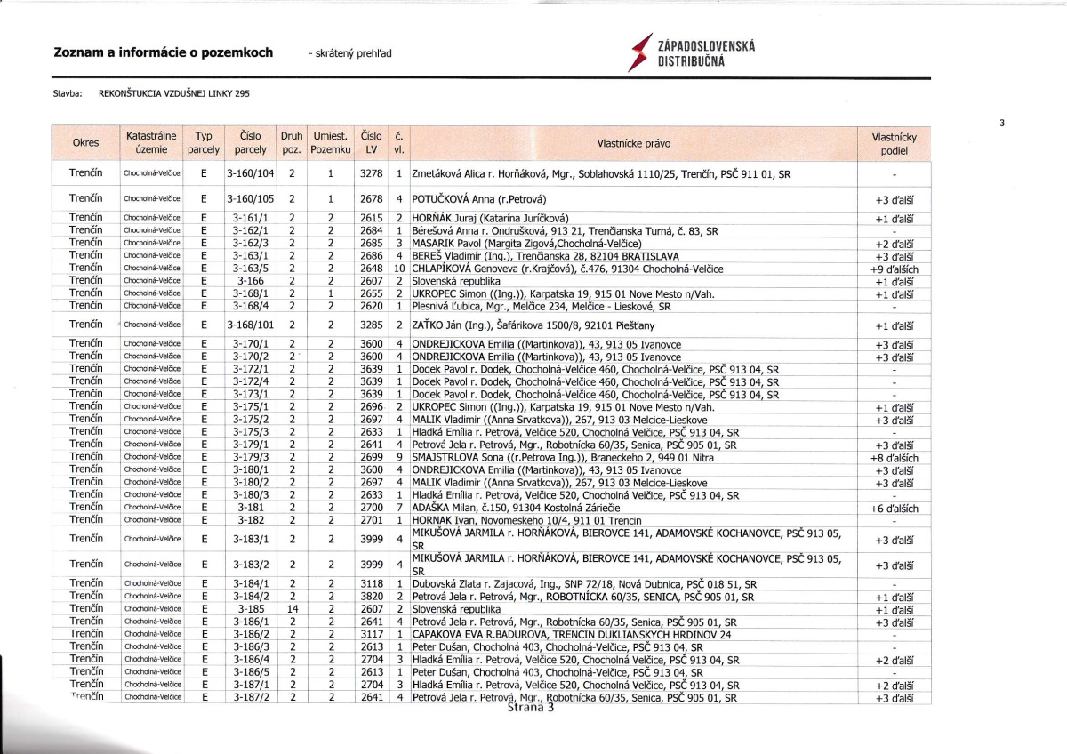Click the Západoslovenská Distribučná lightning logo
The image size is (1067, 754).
[638, 52]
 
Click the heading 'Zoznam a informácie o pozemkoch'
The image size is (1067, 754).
[164, 52]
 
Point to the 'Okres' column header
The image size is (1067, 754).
[85, 143]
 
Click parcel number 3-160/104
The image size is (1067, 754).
[251, 174]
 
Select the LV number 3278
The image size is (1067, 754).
[371, 174]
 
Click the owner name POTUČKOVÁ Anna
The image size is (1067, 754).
[478, 199]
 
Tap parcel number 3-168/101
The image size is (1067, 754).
[251, 325]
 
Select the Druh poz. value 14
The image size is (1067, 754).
[292, 609]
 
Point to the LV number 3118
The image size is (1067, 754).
[371, 584]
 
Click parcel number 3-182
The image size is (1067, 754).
[250, 520]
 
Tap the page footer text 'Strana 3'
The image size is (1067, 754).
[531, 709]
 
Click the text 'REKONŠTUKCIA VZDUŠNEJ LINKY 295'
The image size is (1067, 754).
[174, 93]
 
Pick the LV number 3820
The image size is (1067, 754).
[371, 597]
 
